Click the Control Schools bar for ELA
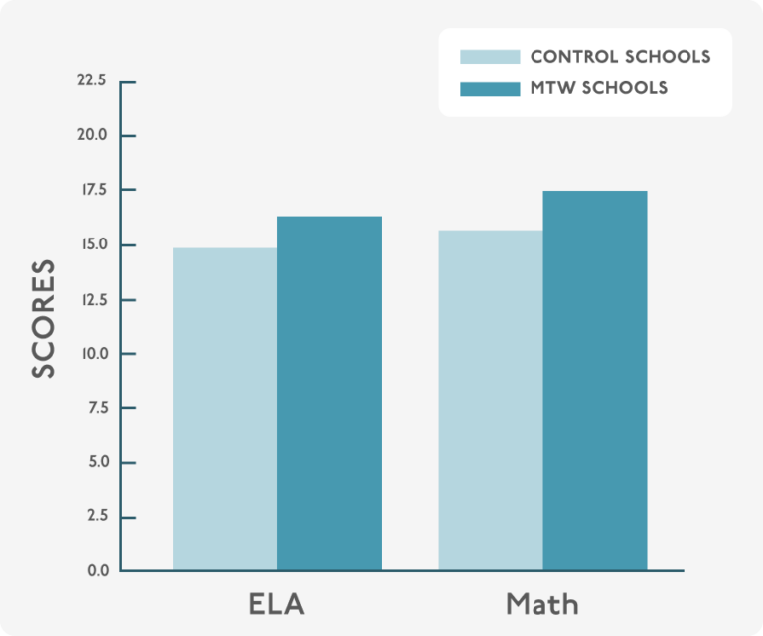tap(225, 409)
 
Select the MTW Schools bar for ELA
tap(329, 394)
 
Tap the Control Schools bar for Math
tap(491, 400)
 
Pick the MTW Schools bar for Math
tap(595, 381)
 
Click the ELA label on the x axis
tap(277, 604)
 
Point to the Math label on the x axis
tap(542, 604)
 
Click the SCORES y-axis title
tap(43, 319)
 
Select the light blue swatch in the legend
tap(490, 57)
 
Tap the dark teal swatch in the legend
tap(490, 88)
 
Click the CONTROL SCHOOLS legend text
tap(620, 57)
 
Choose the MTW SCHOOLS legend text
tap(599, 88)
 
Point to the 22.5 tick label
tap(91, 80)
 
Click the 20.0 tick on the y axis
tap(91, 135)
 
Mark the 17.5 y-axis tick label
tap(92, 190)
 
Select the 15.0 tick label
tap(92, 244)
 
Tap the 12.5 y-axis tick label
tap(92, 299)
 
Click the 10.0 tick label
tap(91, 354)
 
